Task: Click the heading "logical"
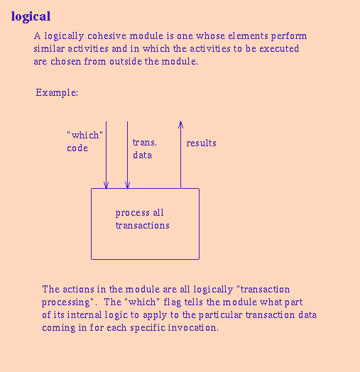tap(31, 16)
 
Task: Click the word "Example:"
tap(57, 93)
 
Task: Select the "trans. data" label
tap(144, 148)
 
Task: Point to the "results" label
tap(201, 143)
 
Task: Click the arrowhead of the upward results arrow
tap(180, 124)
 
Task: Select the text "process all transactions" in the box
tap(142, 219)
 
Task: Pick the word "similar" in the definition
tap(50, 49)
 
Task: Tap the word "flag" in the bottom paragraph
tap(175, 302)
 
